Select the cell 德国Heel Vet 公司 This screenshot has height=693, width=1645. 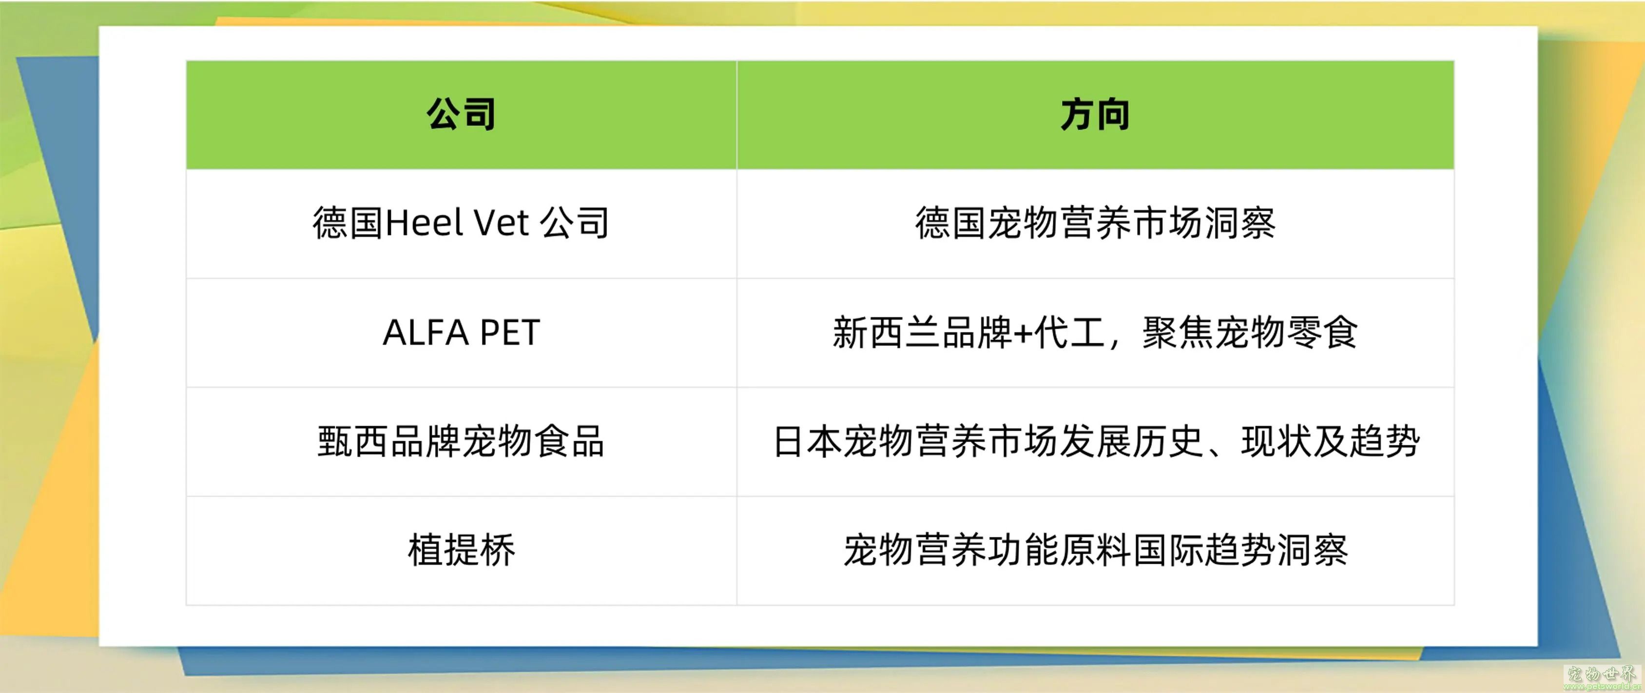[x=461, y=223]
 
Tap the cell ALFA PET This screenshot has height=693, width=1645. [x=461, y=333]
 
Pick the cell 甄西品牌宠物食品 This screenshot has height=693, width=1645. [x=461, y=442]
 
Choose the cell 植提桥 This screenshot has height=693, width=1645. [x=461, y=551]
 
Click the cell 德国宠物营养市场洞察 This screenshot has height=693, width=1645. [x=1095, y=223]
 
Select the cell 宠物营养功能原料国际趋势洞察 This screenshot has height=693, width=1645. [x=1095, y=551]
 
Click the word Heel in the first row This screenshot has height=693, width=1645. [x=424, y=223]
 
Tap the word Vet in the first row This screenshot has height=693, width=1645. [x=501, y=223]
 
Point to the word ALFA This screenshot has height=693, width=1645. [x=426, y=333]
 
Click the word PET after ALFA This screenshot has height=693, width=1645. [x=510, y=333]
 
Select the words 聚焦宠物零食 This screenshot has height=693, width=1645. [x=1249, y=333]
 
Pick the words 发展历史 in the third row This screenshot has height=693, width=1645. [x=1132, y=442]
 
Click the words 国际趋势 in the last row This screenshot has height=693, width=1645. [x=1204, y=551]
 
